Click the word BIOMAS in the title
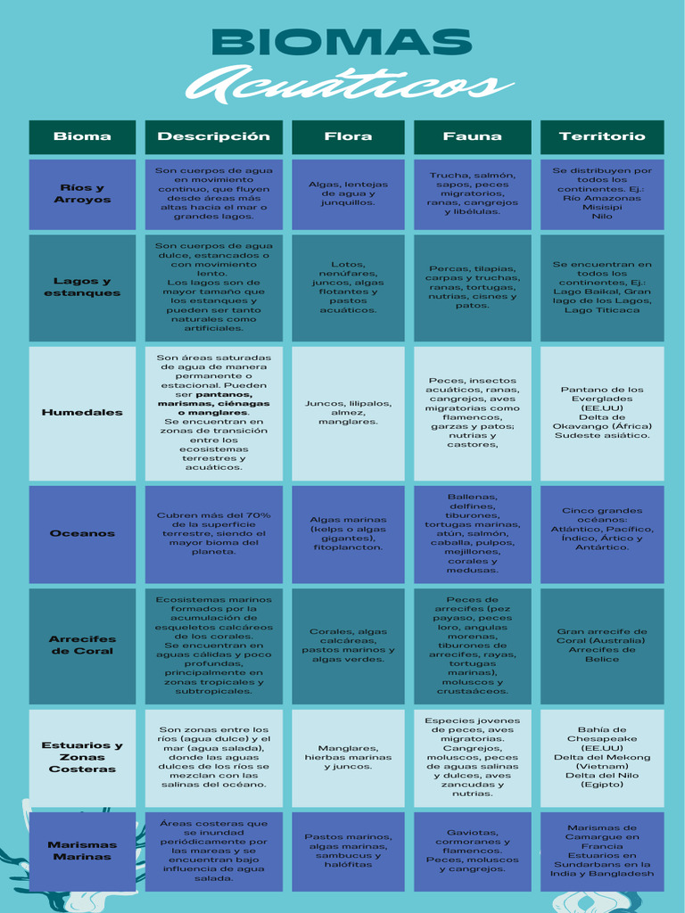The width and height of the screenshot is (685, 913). [x=342, y=43]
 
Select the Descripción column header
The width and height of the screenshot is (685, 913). [x=214, y=136]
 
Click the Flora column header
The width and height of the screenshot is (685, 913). [x=348, y=136]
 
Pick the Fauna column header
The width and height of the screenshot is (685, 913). [x=473, y=136]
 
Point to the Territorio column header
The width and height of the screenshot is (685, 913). [x=602, y=136]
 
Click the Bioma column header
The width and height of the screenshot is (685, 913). [x=82, y=136]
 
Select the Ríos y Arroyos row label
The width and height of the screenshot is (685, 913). [x=82, y=193]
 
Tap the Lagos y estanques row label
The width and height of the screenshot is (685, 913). [x=82, y=287]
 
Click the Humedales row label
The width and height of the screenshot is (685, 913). [x=82, y=412]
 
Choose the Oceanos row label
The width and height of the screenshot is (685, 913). [x=82, y=533]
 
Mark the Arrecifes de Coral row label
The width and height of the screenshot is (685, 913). [x=82, y=646]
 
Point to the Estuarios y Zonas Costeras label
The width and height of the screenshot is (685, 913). [x=82, y=757]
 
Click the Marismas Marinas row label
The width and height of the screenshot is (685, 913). [x=82, y=851]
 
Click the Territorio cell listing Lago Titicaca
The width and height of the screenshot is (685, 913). [x=602, y=288]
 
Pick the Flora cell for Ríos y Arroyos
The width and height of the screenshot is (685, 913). [x=348, y=194]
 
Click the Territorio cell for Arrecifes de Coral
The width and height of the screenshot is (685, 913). [x=602, y=646]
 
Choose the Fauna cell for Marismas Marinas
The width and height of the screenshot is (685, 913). [x=473, y=851]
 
